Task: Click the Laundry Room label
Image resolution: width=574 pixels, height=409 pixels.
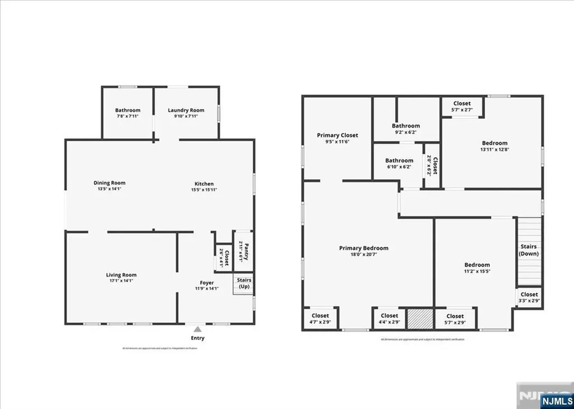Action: (x=186, y=110)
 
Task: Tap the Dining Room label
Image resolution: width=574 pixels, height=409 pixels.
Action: (x=109, y=183)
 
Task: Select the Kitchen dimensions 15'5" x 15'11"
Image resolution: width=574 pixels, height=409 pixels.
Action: (x=204, y=190)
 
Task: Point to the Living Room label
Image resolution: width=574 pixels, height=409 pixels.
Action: (x=121, y=275)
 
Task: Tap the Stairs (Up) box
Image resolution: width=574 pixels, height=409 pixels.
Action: (x=244, y=283)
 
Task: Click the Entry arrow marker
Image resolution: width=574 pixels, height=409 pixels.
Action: (x=197, y=330)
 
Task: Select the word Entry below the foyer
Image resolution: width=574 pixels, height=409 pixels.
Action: (x=197, y=338)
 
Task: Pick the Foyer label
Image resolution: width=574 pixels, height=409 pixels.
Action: (x=207, y=283)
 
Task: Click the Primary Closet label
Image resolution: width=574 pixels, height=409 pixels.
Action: (x=337, y=135)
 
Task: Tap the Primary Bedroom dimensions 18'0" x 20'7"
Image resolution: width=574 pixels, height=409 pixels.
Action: (x=363, y=254)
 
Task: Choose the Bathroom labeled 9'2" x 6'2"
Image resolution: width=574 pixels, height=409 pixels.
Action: (x=406, y=126)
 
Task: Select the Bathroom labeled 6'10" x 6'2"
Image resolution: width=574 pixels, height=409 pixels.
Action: (x=399, y=161)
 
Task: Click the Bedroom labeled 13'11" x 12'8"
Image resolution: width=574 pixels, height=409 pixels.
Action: (x=494, y=143)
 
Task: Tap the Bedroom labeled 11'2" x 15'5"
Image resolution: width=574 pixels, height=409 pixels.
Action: (x=477, y=265)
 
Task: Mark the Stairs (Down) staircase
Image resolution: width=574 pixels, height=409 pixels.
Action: (x=529, y=250)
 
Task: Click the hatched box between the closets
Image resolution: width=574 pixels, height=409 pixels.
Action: (x=419, y=318)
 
